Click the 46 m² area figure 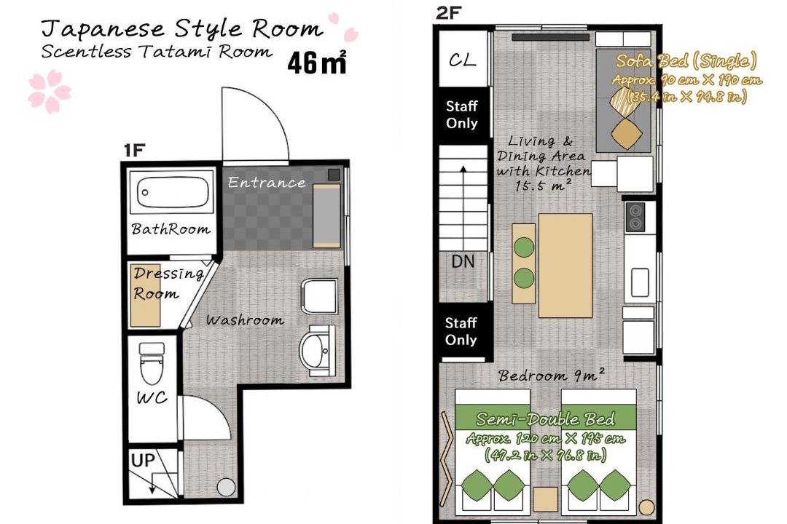[317, 63]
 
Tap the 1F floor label [134, 150]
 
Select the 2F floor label [448, 12]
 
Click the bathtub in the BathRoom [172, 192]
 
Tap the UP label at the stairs [143, 460]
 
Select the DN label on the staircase [463, 261]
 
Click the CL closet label [462, 60]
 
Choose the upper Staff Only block [462, 114]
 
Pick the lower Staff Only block [461, 331]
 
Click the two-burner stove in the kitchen [635, 217]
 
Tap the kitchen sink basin [640, 282]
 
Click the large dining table [565, 265]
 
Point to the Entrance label [267, 182]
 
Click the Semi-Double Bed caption [545, 418]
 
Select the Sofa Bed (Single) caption [686, 61]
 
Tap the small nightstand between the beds [545, 499]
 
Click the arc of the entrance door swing [271, 108]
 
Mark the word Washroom [245, 320]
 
